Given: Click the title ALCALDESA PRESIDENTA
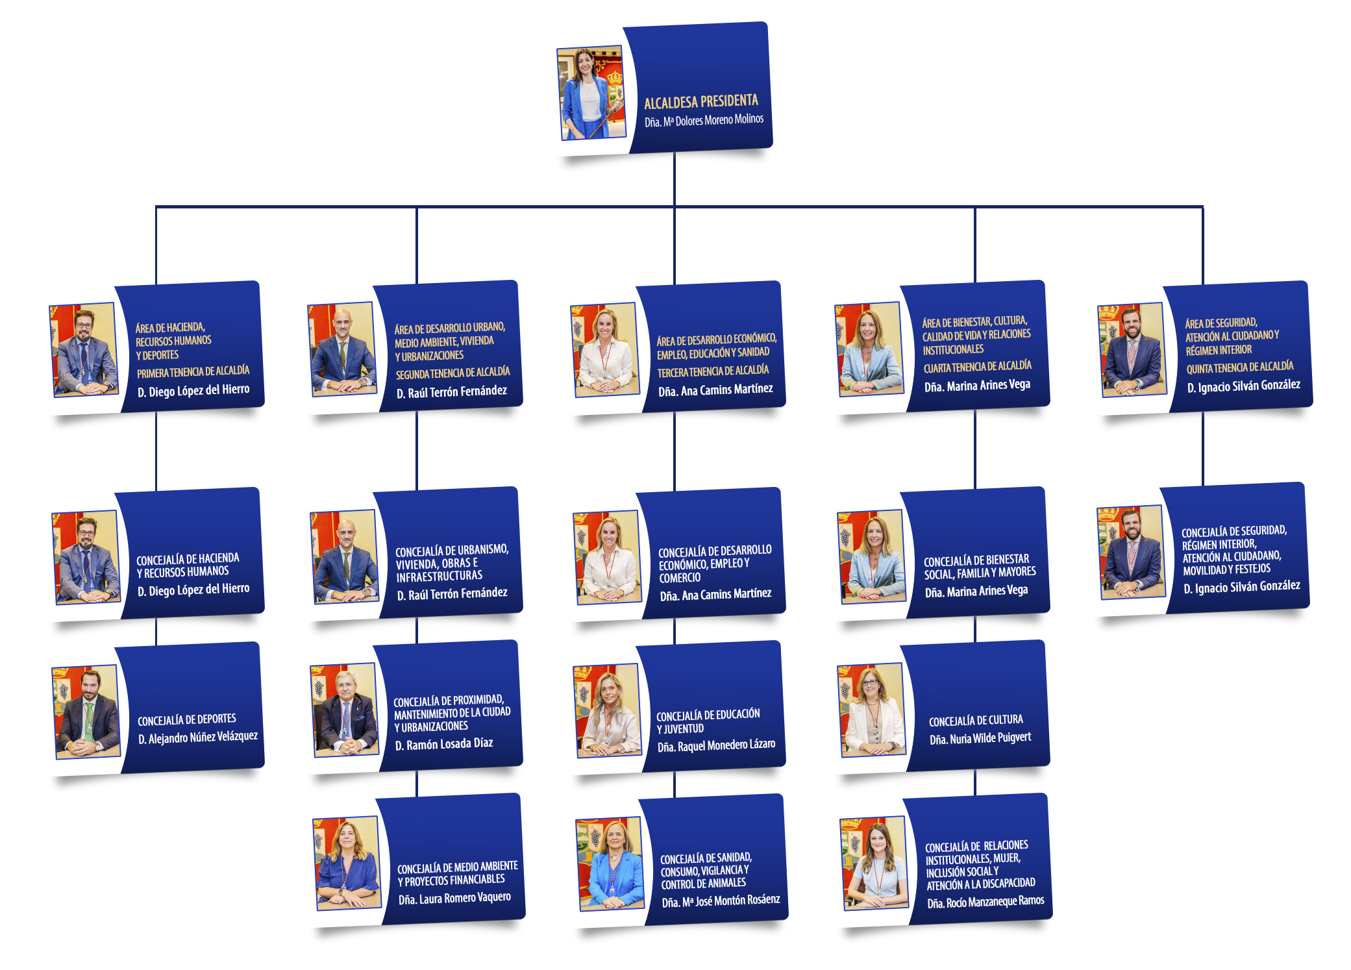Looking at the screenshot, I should pos(700,101).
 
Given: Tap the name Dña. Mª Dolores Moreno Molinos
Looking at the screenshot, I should pos(704,120).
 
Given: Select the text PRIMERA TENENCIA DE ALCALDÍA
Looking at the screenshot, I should pos(193,372).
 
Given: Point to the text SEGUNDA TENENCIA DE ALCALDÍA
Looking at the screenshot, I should pos(452,373).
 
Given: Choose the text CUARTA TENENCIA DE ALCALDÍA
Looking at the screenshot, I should pos(977,367).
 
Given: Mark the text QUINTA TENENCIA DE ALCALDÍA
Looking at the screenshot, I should pos(1239,367).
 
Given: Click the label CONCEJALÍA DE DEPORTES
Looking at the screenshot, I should pos(187,719).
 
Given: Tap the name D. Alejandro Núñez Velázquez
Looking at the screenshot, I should pos(197,738).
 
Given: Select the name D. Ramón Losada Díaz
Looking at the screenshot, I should pos(444,744).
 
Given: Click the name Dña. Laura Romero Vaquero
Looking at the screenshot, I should pos(454,899).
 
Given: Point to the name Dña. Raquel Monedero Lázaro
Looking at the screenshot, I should pos(716,745).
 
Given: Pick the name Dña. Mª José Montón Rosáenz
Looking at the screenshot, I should pos(721,901).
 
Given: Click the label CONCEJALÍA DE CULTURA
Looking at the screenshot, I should pos(976,721).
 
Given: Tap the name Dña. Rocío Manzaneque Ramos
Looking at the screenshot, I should pos(985,902).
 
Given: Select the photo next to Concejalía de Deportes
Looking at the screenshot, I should pos(86,712).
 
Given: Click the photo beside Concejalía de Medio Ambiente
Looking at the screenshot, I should pos(346,863).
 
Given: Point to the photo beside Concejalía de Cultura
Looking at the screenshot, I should pos(871,710).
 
